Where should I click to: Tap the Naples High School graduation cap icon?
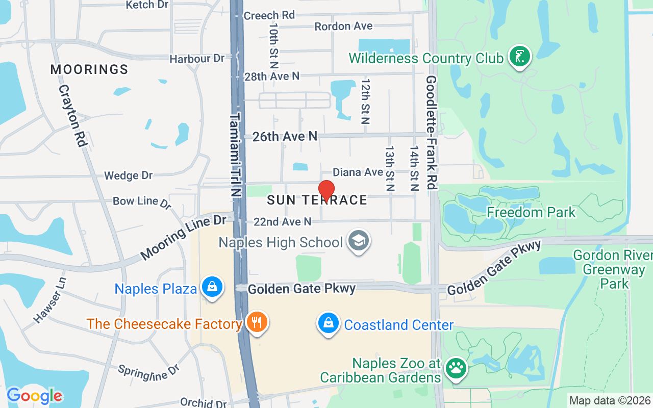tap(358, 241)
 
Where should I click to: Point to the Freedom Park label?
tap(531, 212)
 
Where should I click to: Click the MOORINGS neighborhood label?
tap(89, 69)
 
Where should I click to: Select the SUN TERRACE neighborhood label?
tap(317, 200)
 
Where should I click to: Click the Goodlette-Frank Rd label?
tap(432, 133)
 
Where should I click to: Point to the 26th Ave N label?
tap(285, 136)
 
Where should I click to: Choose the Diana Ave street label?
tap(358, 172)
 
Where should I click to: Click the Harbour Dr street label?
tap(197, 59)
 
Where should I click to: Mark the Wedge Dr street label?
tap(128, 175)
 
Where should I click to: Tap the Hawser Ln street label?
tap(50, 300)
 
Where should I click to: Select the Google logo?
tap(34, 395)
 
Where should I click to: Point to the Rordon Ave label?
tap(343, 26)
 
